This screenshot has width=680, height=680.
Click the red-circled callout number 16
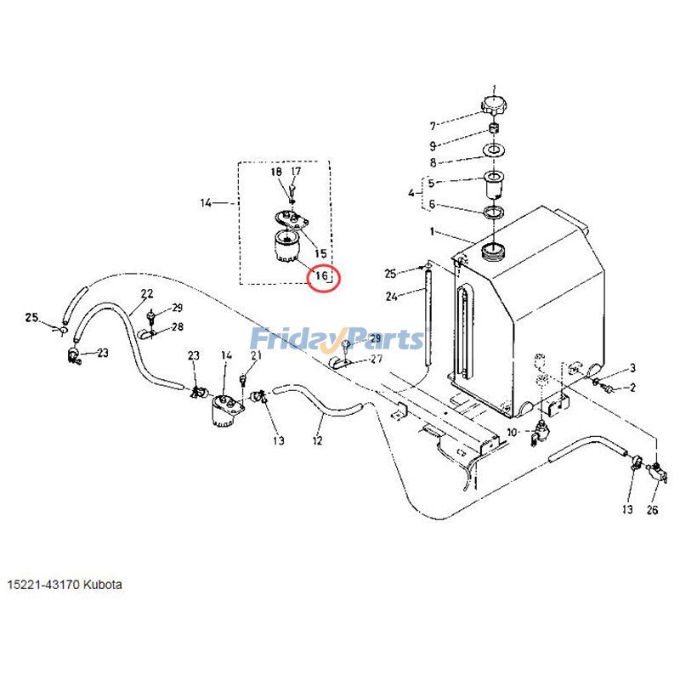pyautogui.click(x=322, y=276)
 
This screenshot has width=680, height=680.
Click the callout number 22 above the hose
pyautogui.click(x=147, y=293)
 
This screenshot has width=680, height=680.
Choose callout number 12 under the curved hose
pyautogui.click(x=318, y=440)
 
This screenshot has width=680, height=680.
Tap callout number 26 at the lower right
pyautogui.click(x=652, y=510)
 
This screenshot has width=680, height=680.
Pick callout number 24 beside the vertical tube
pyautogui.click(x=391, y=297)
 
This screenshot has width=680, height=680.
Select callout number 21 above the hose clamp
pyautogui.click(x=256, y=355)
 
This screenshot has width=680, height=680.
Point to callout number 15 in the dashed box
pyautogui.click(x=321, y=253)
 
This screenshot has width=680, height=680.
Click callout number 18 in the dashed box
pyautogui.click(x=276, y=172)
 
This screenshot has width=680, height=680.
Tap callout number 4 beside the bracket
pyautogui.click(x=411, y=194)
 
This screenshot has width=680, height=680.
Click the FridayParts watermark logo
pyautogui.click(x=337, y=339)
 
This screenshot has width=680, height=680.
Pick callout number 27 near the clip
pyautogui.click(x=376, y=359)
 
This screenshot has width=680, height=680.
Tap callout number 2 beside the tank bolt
pyautogui.click(x=632, y=388)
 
